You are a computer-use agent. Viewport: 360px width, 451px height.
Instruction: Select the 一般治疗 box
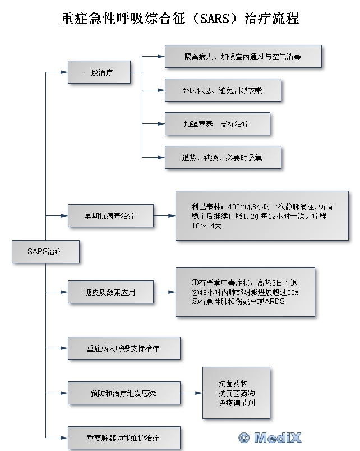[99, 72]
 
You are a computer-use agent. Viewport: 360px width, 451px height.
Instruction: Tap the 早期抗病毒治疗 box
[110, 215]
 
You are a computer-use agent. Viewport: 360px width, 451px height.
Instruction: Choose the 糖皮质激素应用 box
[110, 292]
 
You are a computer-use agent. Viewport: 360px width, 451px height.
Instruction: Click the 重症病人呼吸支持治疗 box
[123, 348]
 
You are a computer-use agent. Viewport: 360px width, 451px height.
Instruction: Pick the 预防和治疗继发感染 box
[123, 393]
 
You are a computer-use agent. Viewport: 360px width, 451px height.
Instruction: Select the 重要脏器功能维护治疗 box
[123, 438]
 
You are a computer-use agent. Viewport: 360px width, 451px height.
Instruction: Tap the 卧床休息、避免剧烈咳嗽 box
[223, 90]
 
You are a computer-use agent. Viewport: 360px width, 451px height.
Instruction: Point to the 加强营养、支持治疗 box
[217, 123]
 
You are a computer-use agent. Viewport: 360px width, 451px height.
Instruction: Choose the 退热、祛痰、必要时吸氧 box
[223, 157]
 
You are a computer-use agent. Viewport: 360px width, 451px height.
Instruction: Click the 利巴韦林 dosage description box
[262, 215]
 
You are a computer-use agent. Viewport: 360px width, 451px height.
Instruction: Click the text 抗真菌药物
[236, 393]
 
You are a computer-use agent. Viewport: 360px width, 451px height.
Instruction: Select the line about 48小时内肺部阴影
[244, 292]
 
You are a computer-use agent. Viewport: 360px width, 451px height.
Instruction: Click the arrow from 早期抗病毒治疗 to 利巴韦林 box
[164, 215]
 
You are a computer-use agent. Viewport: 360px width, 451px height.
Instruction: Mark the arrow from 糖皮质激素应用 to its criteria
[164, 292]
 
